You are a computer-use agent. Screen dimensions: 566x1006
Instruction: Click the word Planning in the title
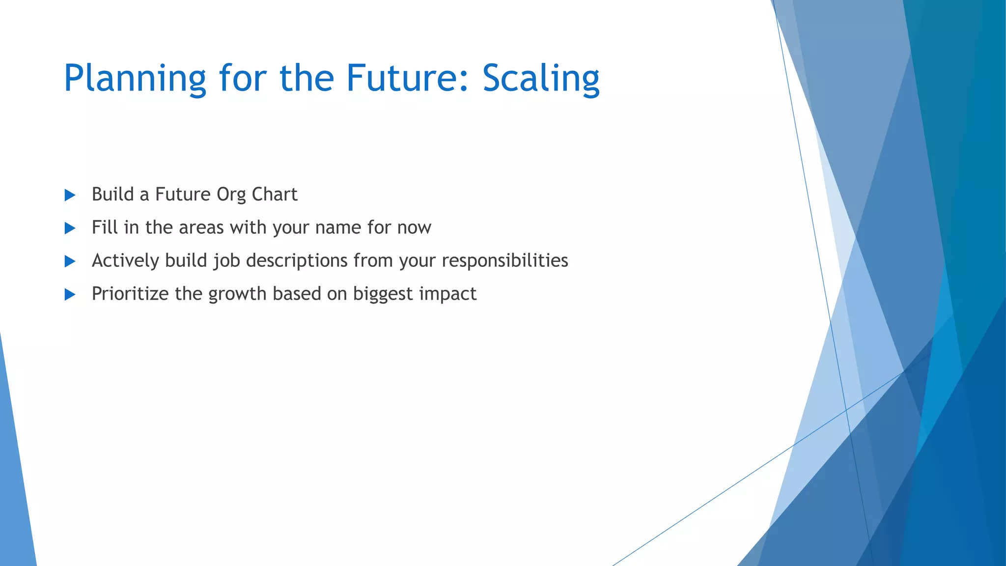point(135,79)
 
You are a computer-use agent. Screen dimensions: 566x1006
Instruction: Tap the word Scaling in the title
point(540,79)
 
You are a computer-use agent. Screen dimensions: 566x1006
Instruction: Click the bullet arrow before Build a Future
point(70,196)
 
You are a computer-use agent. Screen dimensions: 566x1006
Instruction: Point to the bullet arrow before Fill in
point(70,228)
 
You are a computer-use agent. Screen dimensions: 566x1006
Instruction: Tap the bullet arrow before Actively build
point(70,261)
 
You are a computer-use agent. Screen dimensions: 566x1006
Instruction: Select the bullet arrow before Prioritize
point(70,295)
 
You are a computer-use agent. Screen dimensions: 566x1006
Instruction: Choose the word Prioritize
point(130,294)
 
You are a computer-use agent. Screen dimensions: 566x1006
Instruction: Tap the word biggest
point(383,294)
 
